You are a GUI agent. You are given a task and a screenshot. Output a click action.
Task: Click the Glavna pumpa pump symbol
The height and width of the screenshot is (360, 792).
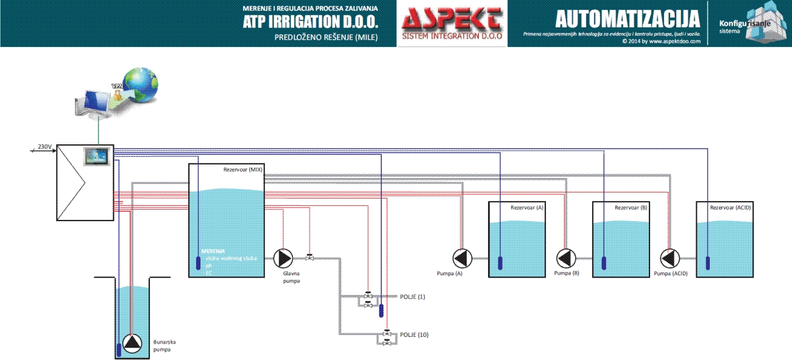click(x=283, y=258)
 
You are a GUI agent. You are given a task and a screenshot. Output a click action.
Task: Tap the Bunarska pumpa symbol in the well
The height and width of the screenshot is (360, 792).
click(x=132, y=344)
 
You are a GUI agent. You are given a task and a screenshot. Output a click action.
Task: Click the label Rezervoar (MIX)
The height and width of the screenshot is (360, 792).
click(x=243, y=170)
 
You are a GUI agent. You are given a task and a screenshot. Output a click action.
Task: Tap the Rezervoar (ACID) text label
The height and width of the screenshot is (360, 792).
click(x=730, y=208)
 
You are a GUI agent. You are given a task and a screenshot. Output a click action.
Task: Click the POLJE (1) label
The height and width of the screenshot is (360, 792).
click(x=412, y=297)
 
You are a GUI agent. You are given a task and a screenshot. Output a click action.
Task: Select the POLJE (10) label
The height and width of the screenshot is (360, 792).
click(x=414, y=335)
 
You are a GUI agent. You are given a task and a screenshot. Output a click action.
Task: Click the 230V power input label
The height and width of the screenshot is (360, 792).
click(x=44, y=147)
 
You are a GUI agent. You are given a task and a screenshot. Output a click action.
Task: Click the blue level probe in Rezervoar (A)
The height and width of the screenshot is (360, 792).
click(x=500, y=263)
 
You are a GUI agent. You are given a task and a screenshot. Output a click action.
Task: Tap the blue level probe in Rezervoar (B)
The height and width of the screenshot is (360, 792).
click(x=604, y=263)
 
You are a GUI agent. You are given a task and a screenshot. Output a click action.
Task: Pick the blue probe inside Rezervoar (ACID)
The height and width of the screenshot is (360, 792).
click(x=707, y=263)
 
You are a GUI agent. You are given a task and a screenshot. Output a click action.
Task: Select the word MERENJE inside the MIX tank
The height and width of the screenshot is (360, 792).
click(x=214, y=250)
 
